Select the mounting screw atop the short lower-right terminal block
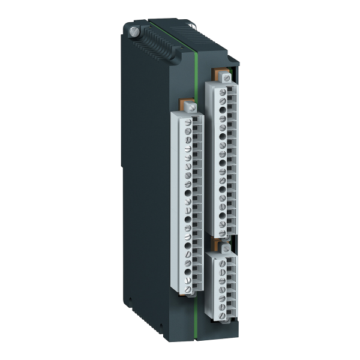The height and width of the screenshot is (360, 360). click(x=225, y=247)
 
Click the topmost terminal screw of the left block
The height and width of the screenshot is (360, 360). click(x=188, y=122)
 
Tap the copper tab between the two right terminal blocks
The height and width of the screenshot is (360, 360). click(x=217, y=242)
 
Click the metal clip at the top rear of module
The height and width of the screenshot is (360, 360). click(x=193, y=25)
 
